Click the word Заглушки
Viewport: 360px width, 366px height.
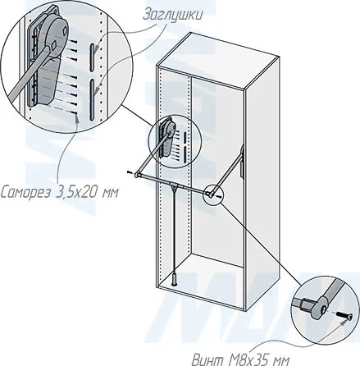pyautogui.click(x=172, y=15)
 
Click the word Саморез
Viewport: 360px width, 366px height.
pyautogui.click(x=25, y=193)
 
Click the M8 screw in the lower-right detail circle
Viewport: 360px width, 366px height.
pyautogui.click(x=344, y=315)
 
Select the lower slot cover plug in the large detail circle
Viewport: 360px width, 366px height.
pyautogui.click(x=93, y=99)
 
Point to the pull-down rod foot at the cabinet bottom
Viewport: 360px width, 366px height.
pyautogui.click(x=175, y=280)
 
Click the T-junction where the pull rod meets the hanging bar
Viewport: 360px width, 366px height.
pyautogui.click(x=174, y=185)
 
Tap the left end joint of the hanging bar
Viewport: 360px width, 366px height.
pyautogui.click(x=137, y=175)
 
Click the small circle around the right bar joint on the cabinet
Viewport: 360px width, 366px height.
pyautogui.click(x=213, y=194)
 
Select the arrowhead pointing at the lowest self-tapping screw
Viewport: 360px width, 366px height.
pyautogui.click(x=77, y=119)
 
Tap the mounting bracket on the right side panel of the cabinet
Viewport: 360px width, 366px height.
pyautogui.click(x=242, y=162)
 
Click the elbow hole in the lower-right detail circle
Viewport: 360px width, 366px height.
pyautogui.click(x=325, y=310)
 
